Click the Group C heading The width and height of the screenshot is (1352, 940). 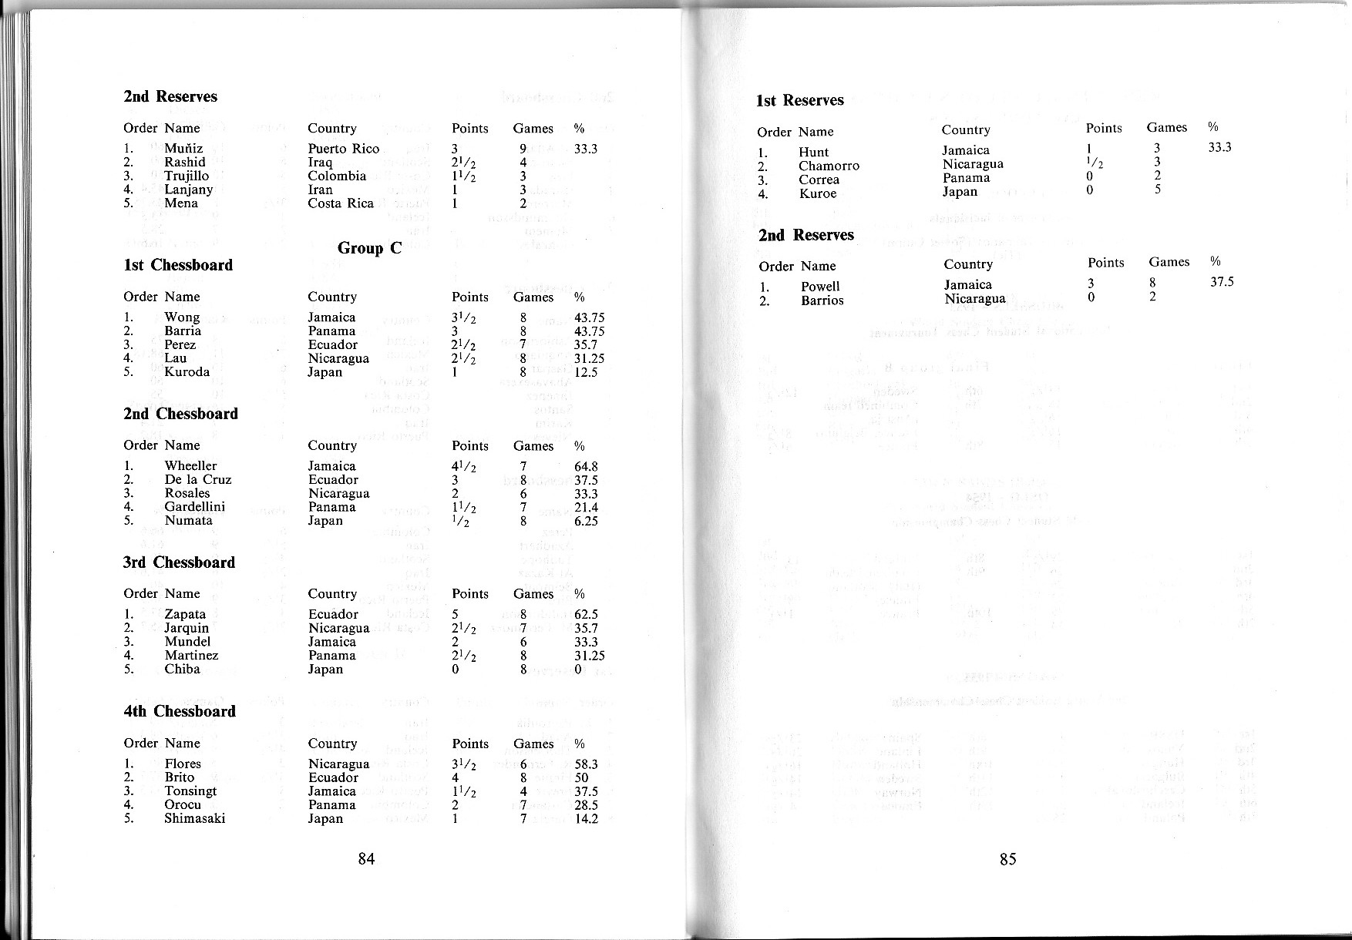pyautogui.click(x=369, y=248)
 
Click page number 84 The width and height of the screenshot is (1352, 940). pyautogui.click(x=366, y=859)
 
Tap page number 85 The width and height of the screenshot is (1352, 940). pyautogui.click(x=1007, y=859)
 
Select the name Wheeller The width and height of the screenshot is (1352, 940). pyautogui.click(x=190, y=465)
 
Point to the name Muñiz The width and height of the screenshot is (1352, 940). pyautogui.click(x=183, y=149)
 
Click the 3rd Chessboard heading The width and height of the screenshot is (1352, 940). pyautogui.click(x=179, y=562)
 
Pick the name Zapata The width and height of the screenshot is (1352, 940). pyautogui.click(x=185, y=614)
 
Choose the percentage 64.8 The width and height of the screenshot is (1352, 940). pyautogui.click(x=586, y=466)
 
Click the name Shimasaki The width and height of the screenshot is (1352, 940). pyautogui.click(x=194, y=818)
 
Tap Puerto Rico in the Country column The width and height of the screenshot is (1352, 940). pyautogui.click(x=343, y=149)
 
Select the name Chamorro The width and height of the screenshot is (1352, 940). pyautogui.click(x=829, y=166)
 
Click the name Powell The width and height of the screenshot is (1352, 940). pyautogui.click(x=820, y=287)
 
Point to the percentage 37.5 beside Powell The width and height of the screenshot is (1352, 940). pyautogui.click(x=1222, y=282)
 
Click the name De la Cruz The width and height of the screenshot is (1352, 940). pyautogui.click(x=197, y=479)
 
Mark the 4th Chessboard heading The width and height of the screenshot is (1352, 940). pyautogui.click(x=180, y=711)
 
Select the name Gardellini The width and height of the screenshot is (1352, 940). pyautogui.click(x=194, y=507)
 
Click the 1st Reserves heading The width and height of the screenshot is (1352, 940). pyautogui.click(x=800, y=100)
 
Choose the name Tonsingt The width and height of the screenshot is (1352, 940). pyautogui.click(x=190, y=791)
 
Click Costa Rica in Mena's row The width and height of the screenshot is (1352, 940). pyautogui.click(x=341, y=203)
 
